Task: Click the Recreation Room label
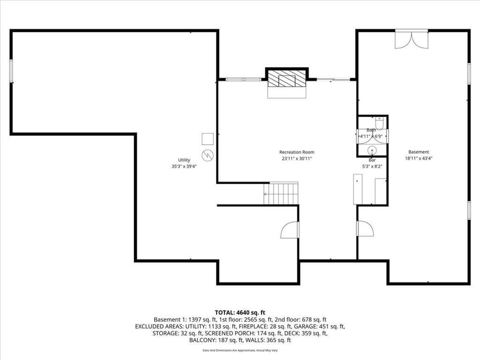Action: (x=297, y=152)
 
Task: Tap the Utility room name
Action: (x=184, y=160)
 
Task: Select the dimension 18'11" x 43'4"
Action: (x=419, y=158)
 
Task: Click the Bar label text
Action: (x=372, y=160)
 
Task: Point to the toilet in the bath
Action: (x=379, y=123)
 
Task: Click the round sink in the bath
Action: (x=372, y=150)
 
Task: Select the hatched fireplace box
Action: (x=287, y=79)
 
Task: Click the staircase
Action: (x=281, y=194)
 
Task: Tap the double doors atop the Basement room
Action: (x=412, y=39)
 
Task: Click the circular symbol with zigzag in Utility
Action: (x=208, y=156)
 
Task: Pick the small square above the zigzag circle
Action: (x=208, y=139)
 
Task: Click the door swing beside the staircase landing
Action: (x=290, y=230)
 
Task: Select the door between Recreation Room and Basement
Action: (x=365, y=228)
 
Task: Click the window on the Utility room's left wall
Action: (x=11, y=71)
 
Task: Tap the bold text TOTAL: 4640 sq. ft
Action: (x=240, y=313)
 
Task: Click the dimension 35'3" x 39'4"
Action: (x=184, y=166)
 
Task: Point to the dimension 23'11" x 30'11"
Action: (x=297, y=158)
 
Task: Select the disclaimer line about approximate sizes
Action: (x=240, y=350)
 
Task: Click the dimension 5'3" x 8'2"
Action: (x=372, y=167)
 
